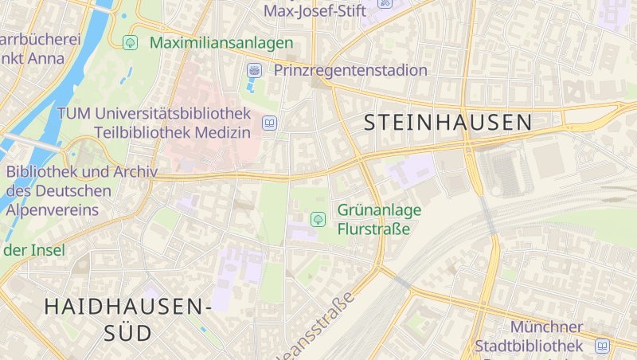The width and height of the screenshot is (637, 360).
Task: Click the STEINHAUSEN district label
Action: [448, 122]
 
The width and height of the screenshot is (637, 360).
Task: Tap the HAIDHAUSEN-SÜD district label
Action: [127, 319]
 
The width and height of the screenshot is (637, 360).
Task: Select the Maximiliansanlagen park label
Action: [221, 42]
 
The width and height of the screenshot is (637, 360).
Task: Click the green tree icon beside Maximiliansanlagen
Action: [130, 42]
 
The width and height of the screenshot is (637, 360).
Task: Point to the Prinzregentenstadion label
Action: [350, 70]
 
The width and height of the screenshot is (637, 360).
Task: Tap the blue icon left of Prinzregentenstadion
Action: [254, 70]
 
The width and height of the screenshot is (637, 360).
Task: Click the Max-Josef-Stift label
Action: [315, 11]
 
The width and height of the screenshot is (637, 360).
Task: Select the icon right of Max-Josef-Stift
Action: [385, 3]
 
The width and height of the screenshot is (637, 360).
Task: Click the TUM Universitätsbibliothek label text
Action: [154, 113]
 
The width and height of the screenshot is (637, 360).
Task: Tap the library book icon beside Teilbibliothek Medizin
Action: [270, 123]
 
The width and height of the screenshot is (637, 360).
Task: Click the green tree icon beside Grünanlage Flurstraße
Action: [318, 218]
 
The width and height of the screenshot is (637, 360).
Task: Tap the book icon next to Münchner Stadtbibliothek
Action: [602, 346]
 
